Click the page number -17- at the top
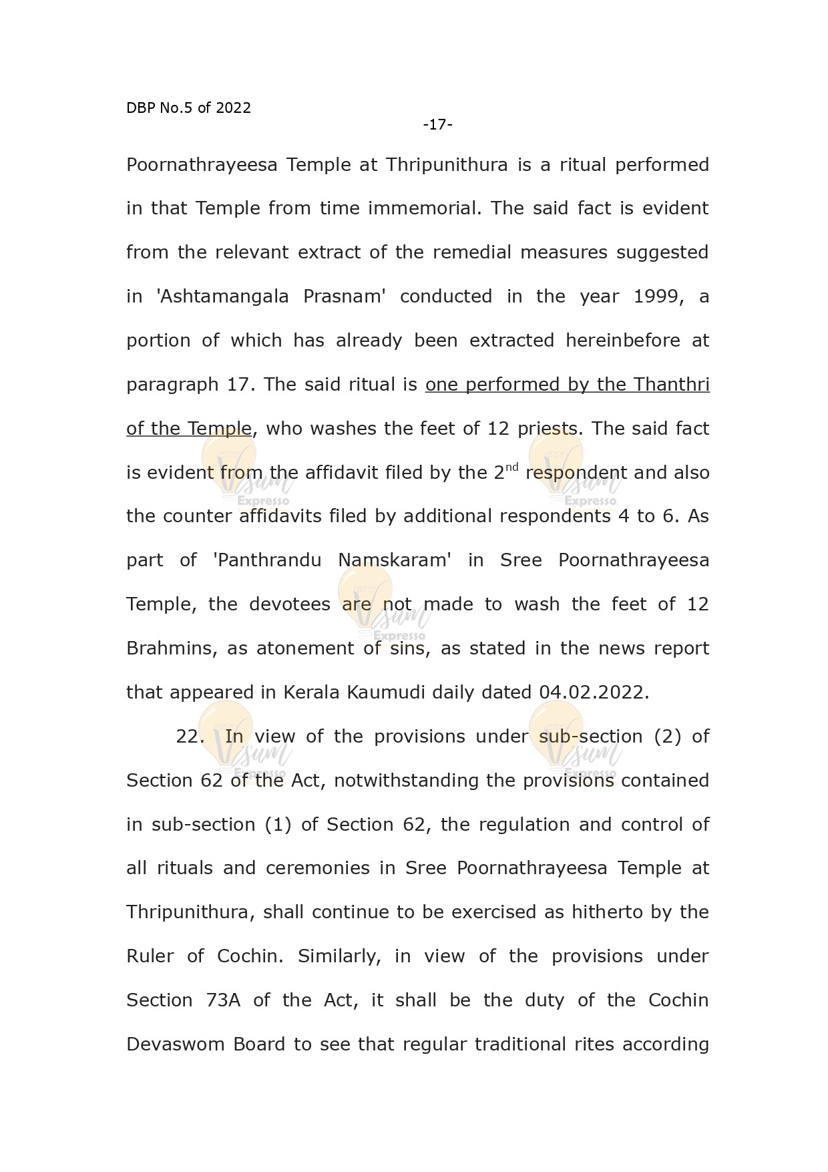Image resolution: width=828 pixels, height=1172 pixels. [x=437, y=125]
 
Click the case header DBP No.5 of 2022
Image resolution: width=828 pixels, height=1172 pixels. [x=188, y=108]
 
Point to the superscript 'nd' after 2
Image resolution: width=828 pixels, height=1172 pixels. [x=511, y=467]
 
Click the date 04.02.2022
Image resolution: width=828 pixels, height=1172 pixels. [x=594, y=693]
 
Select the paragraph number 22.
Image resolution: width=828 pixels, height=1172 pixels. [x=190, y=737]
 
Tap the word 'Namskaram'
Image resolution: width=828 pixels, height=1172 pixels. [x=395, y=560]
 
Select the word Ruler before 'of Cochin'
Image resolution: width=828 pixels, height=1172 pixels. [x=150, y=956]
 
